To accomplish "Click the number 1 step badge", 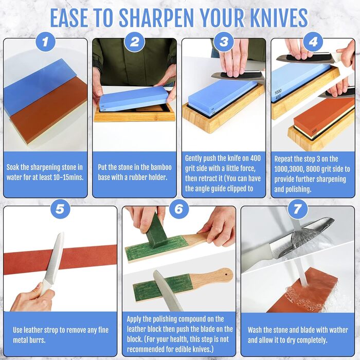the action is [x=45, y=42].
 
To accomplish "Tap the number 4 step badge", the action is [x=313, y=42].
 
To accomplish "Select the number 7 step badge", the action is [x=297, y=209].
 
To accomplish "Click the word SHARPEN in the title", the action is [x=158, y=18].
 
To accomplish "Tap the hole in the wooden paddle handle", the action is [x=226, y=274].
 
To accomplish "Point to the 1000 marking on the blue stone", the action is [x=278, y=92].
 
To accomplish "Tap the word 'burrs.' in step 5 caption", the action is [x=37, y=340].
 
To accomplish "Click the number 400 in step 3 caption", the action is [x=255, y=158].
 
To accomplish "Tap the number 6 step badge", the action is [x=179, y=209].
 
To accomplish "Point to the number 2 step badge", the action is [x=135, y=42].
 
